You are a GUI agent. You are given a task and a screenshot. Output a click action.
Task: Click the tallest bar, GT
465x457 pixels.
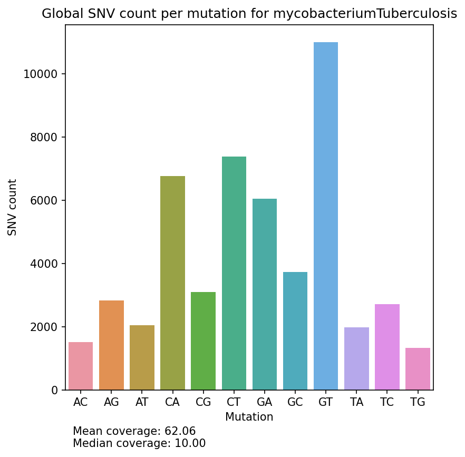coord(326,216)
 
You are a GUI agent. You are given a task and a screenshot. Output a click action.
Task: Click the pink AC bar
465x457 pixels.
coord(81,366)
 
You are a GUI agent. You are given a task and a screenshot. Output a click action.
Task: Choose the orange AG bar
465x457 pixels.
coord(111,345)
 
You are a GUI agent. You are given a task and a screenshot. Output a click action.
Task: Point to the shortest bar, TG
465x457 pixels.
coord(418,369)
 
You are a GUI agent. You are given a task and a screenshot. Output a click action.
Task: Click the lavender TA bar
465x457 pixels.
coord(356,358)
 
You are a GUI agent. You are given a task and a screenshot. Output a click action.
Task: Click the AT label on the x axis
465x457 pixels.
coord(142,403)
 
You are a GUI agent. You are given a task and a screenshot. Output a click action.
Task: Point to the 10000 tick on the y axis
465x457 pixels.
coord(41,74)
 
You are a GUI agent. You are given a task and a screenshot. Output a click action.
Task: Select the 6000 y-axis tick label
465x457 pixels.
coord(43,201)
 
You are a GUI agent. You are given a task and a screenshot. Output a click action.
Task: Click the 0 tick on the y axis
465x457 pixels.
coord(54,391)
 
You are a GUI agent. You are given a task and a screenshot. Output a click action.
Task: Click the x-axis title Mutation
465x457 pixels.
coord(249,417)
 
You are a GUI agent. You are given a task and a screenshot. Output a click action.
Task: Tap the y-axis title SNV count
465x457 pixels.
coord(13,207)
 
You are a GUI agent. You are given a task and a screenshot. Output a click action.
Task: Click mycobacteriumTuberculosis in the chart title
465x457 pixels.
coord(365,14)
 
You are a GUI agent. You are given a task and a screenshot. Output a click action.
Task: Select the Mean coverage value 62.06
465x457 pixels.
coord(180,432)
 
